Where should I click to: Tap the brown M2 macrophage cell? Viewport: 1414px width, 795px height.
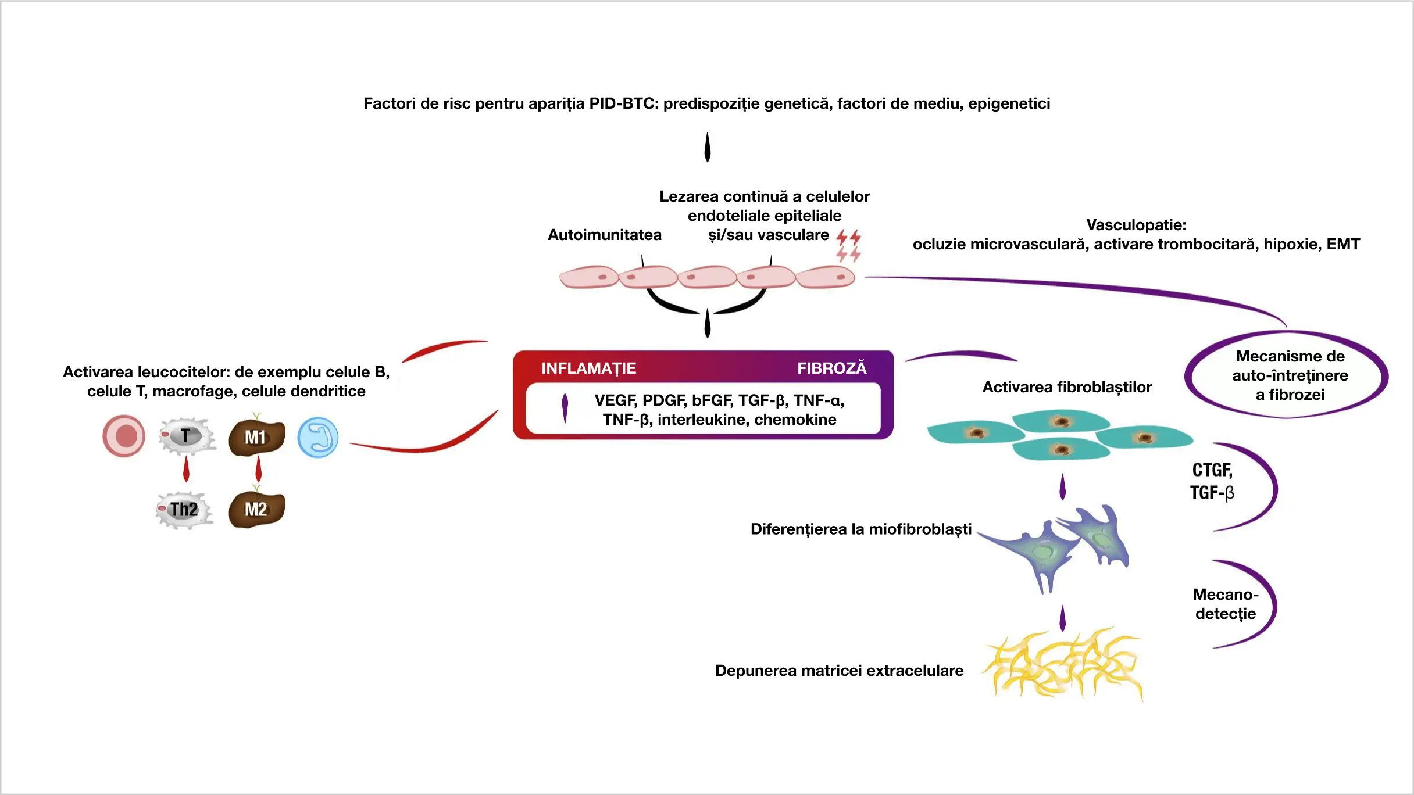coord(256,510)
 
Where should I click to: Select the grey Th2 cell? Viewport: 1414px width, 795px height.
coord(184,510)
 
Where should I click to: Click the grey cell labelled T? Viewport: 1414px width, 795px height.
coord(186,436)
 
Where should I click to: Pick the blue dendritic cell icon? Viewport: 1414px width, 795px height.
coord(318,438)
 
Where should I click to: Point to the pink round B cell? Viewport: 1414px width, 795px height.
coord(124,436)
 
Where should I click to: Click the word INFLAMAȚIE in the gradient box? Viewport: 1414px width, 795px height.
coord(588,368)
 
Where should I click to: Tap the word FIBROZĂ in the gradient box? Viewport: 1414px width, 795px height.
coord(831,368)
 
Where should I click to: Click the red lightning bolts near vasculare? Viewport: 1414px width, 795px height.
coord(848,246)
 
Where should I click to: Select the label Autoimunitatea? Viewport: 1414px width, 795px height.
coord(604,235)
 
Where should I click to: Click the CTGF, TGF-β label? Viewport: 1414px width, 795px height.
coord(1212,481)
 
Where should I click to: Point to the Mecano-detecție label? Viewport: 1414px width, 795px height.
coord(1225,604)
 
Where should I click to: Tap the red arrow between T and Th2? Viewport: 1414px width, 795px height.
coord(186,469)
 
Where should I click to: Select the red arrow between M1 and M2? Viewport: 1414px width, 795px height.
coord(259,469)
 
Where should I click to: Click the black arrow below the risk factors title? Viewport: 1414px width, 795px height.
coord(707,148)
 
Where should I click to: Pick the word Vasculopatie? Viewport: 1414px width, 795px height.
coord(1136,225)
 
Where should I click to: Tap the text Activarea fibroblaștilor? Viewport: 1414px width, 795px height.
coord(1067,387)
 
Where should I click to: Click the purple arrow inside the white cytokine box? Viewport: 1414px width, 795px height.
coord(565,408)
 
